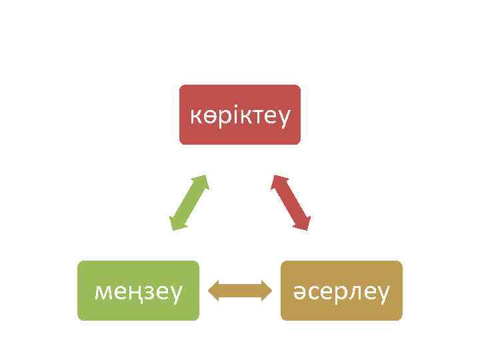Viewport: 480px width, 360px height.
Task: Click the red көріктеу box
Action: [240, 115]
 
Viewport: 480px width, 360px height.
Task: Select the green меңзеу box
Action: [138, 291]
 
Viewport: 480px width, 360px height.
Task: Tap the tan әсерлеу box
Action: [341, 291]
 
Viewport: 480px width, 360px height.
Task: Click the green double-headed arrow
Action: [189, 203]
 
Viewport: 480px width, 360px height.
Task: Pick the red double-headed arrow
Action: [291, 203]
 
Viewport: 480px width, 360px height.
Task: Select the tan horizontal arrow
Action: [240, 291]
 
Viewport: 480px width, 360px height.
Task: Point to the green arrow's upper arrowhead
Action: [202, 181]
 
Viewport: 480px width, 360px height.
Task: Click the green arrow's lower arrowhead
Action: [176, 225]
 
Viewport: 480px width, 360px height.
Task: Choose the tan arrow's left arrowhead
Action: [215, 291]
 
